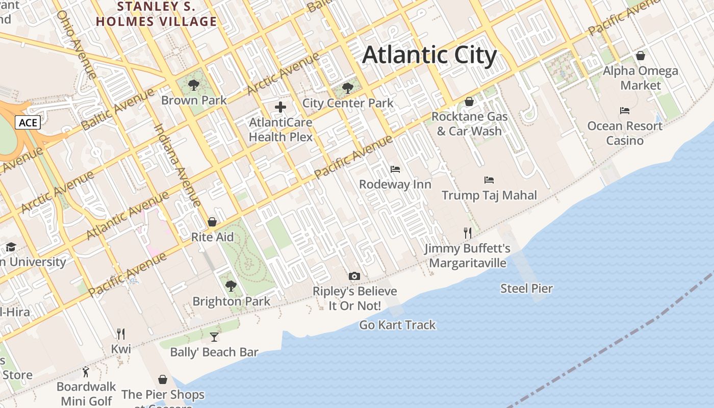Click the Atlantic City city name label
(429, 55)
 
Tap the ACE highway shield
(28, 122)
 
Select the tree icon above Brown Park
(193, 85)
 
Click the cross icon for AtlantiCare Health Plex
(280, 107)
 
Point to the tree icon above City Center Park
(348, 88)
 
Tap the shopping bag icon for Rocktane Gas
(469, 101)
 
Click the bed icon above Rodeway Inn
(395, 169)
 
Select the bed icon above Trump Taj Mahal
(489, 180)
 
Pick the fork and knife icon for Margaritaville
(468, 233)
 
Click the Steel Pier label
(526, 289)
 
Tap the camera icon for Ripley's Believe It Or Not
(354, 276)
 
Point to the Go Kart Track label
(398, 325)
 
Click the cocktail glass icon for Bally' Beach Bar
(214, 337)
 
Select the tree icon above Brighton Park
(231, 286)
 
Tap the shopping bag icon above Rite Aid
(212, 222)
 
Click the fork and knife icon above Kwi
(121, 334)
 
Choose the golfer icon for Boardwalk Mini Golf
(86, 372)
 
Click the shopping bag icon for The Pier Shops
(163, 379)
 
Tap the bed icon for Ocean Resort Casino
(625, 111)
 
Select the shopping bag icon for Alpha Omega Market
(641, 56)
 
